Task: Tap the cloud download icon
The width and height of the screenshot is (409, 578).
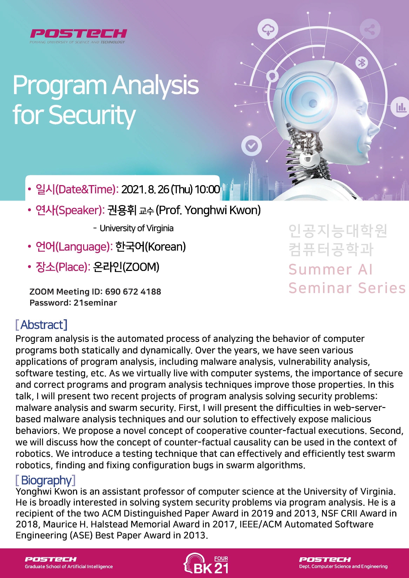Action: coord(268,29)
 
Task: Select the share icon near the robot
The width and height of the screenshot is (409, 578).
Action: coord(370,29)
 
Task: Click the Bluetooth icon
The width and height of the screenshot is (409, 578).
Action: coord(362,63)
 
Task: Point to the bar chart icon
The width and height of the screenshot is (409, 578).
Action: coord(400,107)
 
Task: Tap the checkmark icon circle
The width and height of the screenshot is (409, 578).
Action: coord(252,146)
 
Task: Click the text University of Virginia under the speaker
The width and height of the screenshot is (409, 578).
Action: coord(136,229)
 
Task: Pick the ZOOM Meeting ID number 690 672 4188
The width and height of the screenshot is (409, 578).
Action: coord(133,292)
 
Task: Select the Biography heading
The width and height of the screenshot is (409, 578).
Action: coord(46,480)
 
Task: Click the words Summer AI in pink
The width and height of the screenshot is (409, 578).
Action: coord(331,270)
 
